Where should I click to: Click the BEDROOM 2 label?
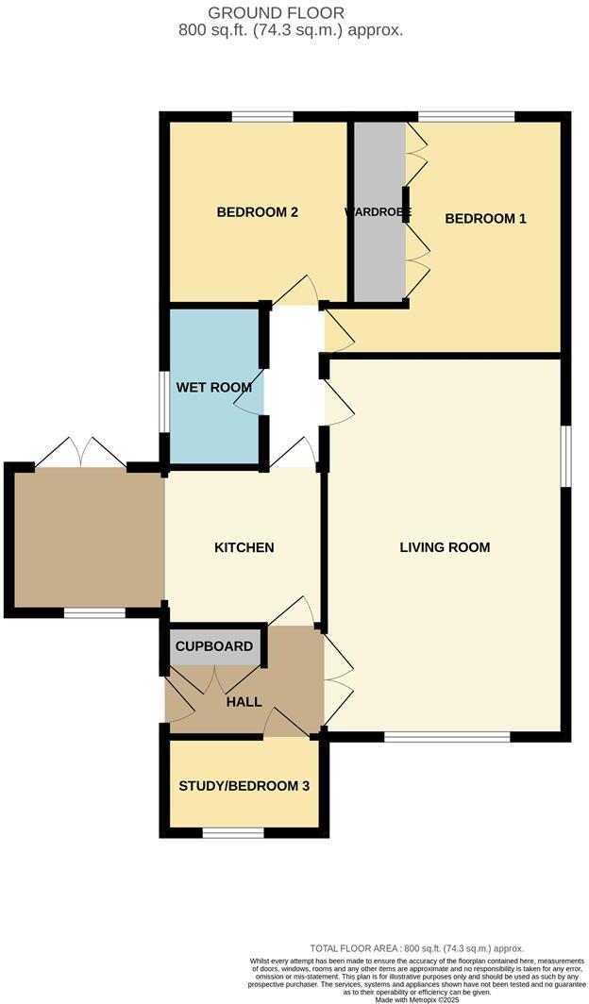tap(258, 212)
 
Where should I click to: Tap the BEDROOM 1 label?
tap(485, 218)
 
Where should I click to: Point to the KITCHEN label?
tap(244, 547)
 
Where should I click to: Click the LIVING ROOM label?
tap(445, 547)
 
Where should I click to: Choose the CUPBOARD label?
tap(214, 646)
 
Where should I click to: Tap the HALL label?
tap(244, 702)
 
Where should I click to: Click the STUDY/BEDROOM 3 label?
tap(244, 785)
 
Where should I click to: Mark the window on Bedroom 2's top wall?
tap(262, 117)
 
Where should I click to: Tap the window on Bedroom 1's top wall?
tap(466, 117)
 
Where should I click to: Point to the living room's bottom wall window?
tap(446, 736)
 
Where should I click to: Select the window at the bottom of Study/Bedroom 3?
tap(233, 833)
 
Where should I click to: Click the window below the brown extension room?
tap(94, 613)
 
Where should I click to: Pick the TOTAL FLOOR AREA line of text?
tap(416, 948)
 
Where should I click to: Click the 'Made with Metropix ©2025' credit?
tap(416, 999)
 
